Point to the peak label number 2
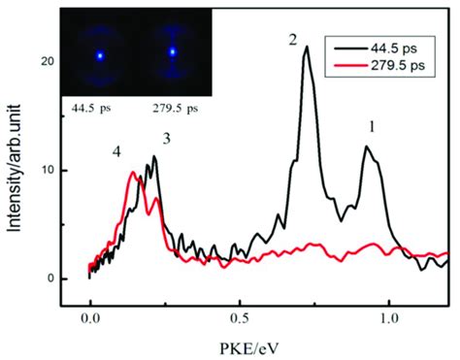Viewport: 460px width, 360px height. click(x=291, y=40)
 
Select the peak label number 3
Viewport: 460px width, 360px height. click(x=167, y=141)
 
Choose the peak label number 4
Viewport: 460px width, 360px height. click(x=116, y=152)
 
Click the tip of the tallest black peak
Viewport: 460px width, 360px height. click(x=306, y=47)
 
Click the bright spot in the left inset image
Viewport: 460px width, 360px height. click(x=99, y=55)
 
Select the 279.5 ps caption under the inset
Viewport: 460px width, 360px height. click(x=175, y=101)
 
